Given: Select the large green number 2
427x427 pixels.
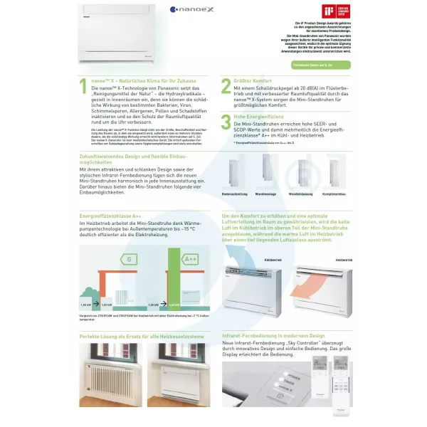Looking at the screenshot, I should click(226, 87).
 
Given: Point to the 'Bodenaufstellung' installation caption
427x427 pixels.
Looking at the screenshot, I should click(235, 193).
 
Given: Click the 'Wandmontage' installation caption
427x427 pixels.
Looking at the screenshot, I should click(265, 193).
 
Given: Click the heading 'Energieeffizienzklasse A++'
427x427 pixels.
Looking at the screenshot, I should click(110, 214).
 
